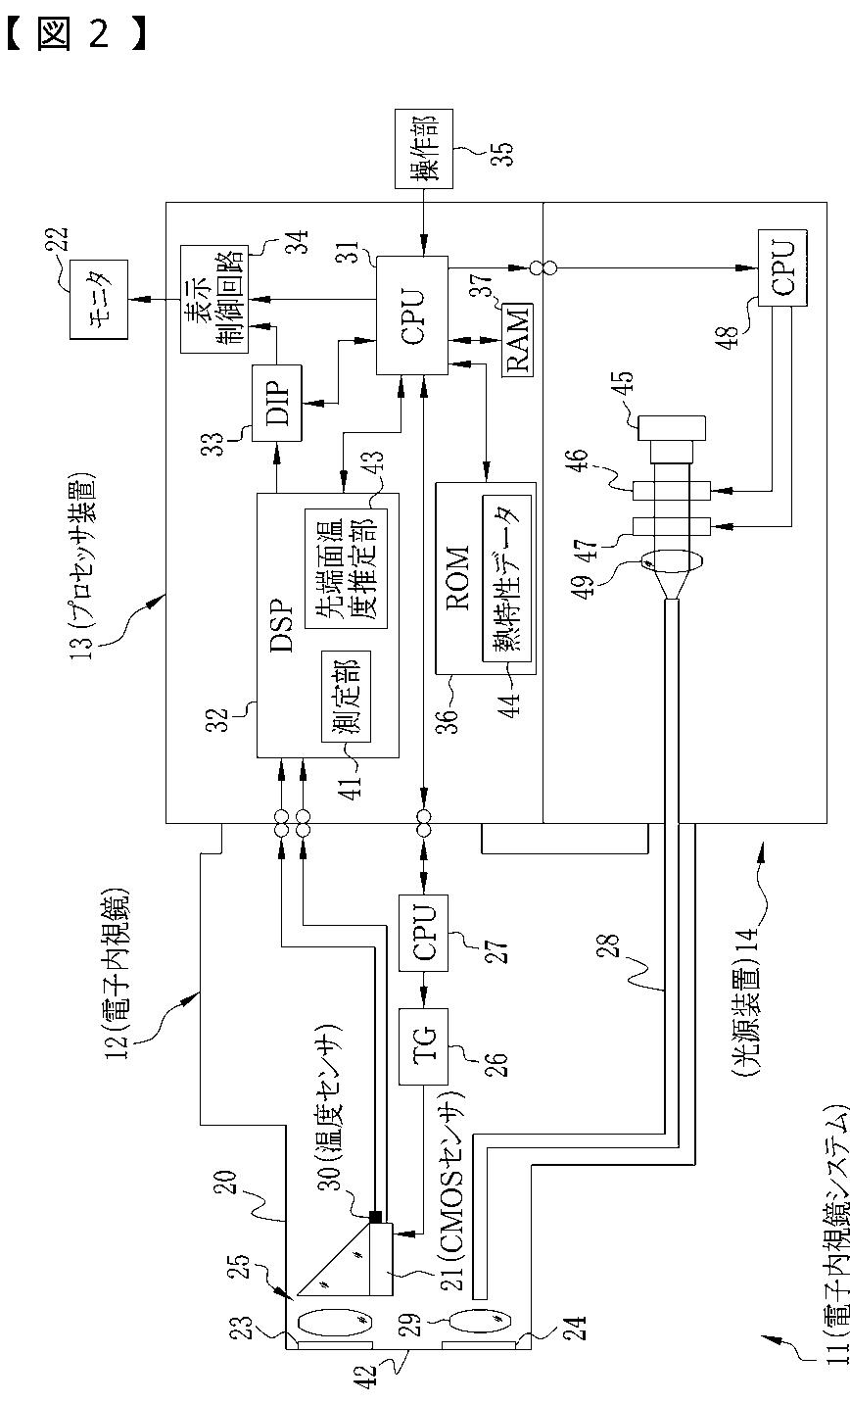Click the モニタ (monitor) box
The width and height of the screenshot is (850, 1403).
point(98,300)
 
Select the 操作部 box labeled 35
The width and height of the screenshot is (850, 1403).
point(424,149)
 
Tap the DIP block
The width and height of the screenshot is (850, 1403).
point(276,404)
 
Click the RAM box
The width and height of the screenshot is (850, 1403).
point(518,339)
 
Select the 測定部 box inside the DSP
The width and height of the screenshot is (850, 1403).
point(346,697)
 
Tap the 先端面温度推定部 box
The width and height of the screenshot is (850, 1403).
point(346,568)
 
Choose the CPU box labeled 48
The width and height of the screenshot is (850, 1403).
point(781,268)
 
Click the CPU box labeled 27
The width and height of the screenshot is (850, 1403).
point(423,934)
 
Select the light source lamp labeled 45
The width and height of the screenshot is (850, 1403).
point(672,439)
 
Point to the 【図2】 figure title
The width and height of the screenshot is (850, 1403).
point(76,32)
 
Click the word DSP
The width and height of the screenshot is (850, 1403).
point(282,626)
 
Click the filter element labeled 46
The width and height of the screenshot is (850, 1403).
point(672,491)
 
